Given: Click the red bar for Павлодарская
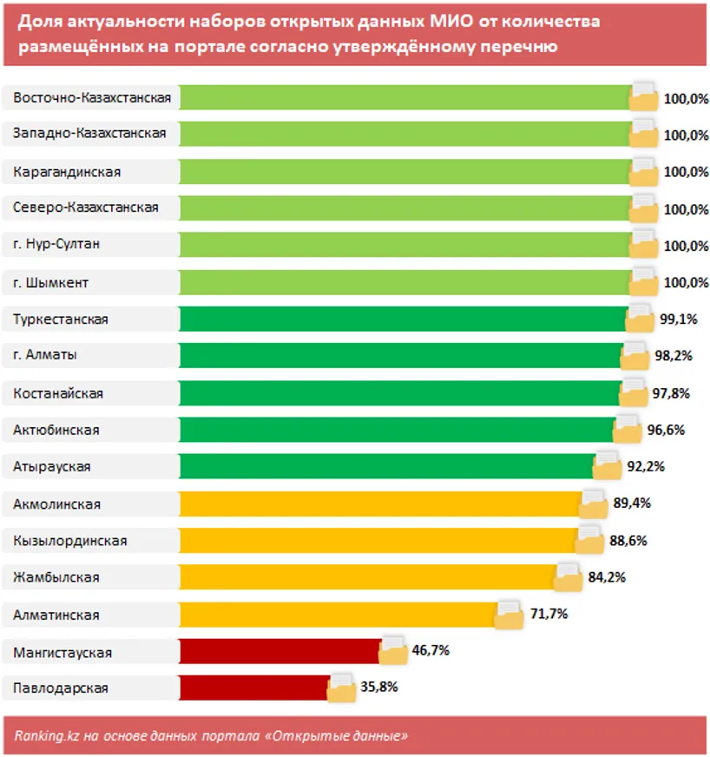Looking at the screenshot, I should point(253,688).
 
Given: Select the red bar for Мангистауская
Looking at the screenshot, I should point(279,651).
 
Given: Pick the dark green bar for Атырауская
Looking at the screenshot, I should point(386,467).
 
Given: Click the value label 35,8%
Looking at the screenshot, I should point(378,688).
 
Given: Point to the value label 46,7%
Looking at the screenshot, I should point(430,650).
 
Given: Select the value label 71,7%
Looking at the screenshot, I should point(549,614).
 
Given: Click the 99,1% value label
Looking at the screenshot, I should point(678,319).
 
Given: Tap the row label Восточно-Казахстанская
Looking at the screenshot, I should point(92,98).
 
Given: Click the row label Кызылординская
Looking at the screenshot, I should point(70,541).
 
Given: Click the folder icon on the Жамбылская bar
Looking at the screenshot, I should point(568,576).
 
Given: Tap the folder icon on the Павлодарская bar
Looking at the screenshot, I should point(342,687).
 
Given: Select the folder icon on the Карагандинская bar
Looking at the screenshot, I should point(644,170).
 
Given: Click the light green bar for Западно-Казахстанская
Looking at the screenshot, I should point(404,134).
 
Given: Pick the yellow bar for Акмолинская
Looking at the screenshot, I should point(380,504).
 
